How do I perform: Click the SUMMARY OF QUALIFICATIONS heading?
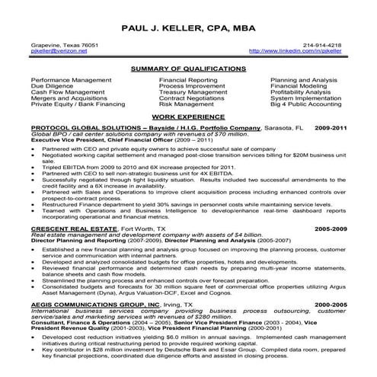pos(188,69)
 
